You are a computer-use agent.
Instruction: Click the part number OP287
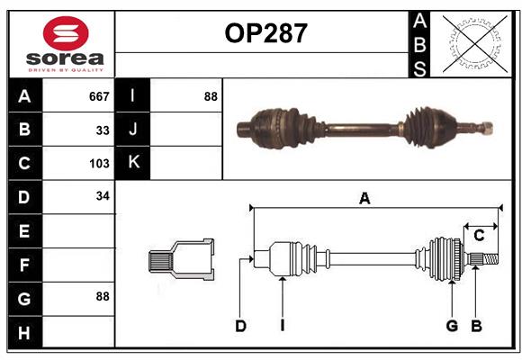265,33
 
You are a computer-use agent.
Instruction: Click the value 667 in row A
99,96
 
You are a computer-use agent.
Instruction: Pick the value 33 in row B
103,130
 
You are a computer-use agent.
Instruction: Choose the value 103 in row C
99,164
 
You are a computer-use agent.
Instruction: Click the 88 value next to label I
211,96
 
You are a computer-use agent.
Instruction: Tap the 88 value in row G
103,296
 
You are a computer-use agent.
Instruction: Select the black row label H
24,333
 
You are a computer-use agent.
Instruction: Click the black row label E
24,231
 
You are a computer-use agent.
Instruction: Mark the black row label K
133,163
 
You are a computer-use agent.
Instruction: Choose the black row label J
133,130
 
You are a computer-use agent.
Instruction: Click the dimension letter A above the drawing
364,199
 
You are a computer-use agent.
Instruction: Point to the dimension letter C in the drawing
479,236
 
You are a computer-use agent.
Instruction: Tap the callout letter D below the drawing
241,326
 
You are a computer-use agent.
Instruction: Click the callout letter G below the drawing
452,326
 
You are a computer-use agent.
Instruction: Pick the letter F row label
24,265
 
